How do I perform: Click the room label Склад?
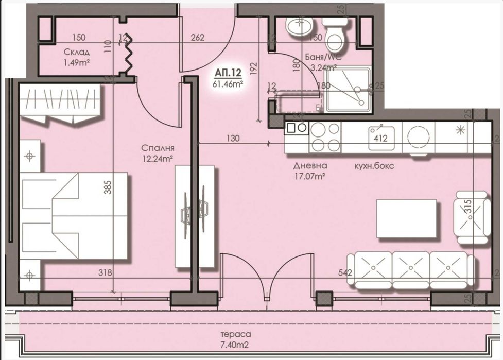tap(77, 52)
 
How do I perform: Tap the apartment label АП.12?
tap(228, 73)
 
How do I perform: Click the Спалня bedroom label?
tap(158, 148)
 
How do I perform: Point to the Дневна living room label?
tap(310, 166)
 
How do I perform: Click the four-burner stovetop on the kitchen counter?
tap(324, 137)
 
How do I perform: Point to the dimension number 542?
tap(345, 272)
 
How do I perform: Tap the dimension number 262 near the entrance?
tap(197, 38)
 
